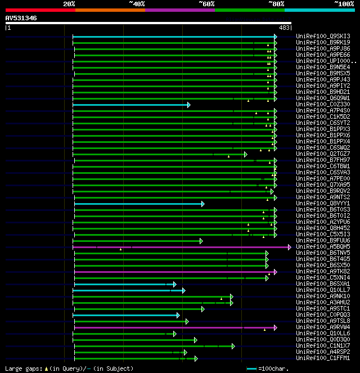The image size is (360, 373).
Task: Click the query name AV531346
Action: (x=21, y=18)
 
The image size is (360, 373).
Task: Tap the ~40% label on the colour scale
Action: (x=137, y=4)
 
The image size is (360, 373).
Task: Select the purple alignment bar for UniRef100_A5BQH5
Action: (x=180, y=247)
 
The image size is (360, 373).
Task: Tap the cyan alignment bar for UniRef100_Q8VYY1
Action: (x=138, y=204)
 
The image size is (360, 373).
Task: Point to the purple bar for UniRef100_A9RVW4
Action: (x=174, y=327)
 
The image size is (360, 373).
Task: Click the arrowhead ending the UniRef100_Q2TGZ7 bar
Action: (x=245, y=154)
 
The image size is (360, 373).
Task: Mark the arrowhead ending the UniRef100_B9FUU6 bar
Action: (x=200, y=241)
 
